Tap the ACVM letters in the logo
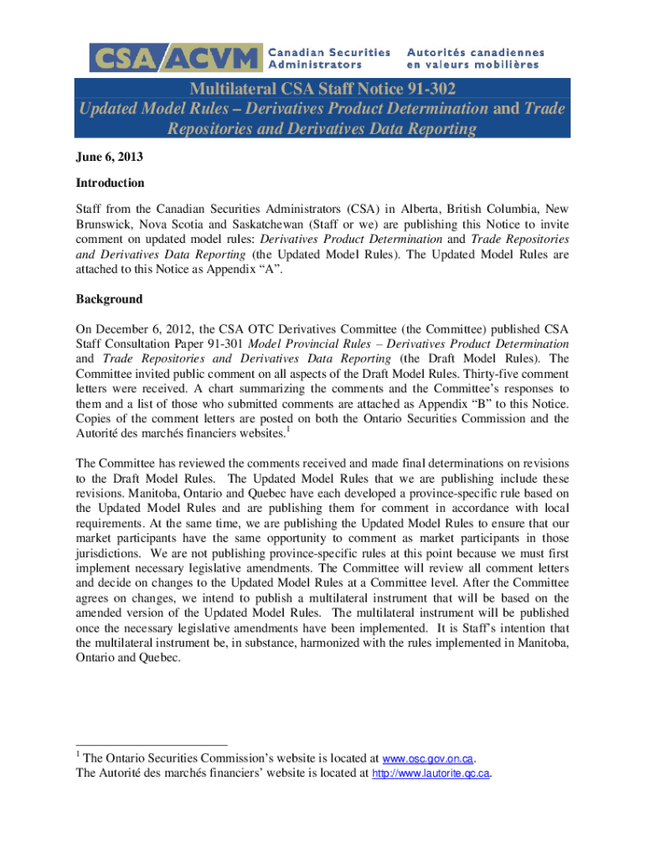pyautogui.click(x=210, y=59)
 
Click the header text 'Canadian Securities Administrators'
pyautogui.click(x=328, y=58)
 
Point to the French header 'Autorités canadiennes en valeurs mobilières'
pyautogui.click(x=475, y=58)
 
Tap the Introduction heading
pyautogui.click(x=110, y=183)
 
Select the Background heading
pyautogui.click(x=109, y=299)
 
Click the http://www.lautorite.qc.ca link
pyautogui.click(x=431, y=773)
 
